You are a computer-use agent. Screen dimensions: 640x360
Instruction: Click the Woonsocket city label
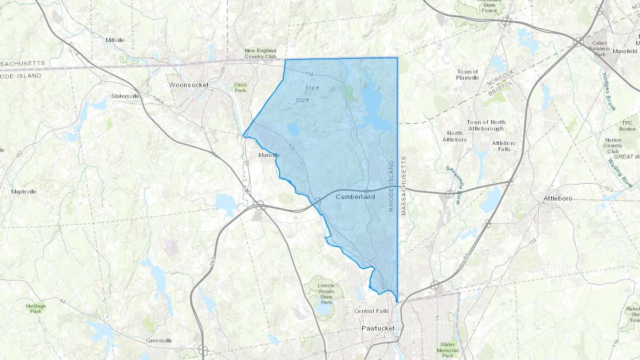coord(189,85)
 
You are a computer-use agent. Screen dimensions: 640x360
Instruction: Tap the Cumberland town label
coord(355,197)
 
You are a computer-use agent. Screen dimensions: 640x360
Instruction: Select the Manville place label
coord(269,155)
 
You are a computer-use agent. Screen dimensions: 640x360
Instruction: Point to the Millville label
coord(115,40)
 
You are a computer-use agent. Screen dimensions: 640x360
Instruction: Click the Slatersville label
coord(125,96)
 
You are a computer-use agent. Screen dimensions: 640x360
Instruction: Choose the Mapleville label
coord(24,192)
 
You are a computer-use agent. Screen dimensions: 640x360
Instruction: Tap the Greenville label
coord(159,340)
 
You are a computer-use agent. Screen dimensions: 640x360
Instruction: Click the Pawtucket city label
coord(378,328)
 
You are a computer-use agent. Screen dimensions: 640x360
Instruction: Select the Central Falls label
coord(372,311)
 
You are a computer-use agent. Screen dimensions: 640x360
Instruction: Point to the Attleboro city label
coord(558,198)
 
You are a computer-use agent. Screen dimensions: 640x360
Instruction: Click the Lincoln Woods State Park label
coord(326,294)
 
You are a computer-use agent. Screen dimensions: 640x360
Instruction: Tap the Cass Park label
coord(240,87)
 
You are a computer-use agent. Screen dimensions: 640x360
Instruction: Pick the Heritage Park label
coord(36,308)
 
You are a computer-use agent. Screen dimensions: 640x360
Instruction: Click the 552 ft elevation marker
coord(302,101)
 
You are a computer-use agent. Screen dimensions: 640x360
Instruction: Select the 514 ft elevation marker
coord(312,88)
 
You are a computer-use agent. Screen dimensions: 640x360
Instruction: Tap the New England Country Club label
coord(260,54)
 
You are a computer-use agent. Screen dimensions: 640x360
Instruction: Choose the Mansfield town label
coord(625,51)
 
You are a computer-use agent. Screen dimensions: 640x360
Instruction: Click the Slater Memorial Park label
coord(447,350)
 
